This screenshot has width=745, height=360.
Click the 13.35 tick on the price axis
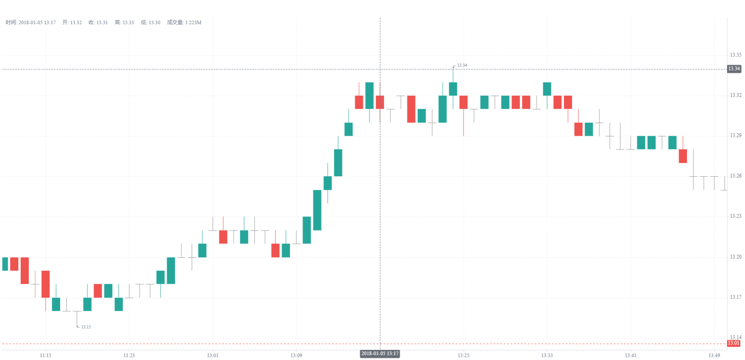click(x=735, y=55)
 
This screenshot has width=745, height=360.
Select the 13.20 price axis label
click(x=735, y=257)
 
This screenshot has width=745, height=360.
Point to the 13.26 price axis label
click(x=735, y=176)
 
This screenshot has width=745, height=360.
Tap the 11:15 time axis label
click(x=46, y=355)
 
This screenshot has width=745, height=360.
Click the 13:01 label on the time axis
click(x=213, y=355)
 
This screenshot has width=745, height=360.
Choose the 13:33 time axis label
click(x=547, y=355)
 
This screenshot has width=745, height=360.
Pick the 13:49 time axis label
click(x=714, y=355)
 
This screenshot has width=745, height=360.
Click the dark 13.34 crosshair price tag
click(x=734, y=69)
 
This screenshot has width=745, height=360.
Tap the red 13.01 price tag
click(x=734, y=343)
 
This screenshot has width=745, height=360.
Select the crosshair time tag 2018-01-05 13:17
click(x=380, y=354)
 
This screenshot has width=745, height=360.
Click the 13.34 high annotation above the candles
click(x=462, y=65)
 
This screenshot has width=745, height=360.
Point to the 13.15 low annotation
click(x=86, y=327)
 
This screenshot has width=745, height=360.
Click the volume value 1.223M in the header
click(x=193, y=23)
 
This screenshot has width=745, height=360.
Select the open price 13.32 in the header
click(x=76, y=23)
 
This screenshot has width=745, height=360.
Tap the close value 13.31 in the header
click(x=102, y=23)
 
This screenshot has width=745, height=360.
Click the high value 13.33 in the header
click(x=128, y=23)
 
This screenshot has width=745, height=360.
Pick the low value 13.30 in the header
click(x=154, y=23)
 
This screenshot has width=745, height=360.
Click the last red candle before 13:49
click(x=683, y=156)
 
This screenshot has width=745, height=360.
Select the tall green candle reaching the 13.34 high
click(x=453, y=89)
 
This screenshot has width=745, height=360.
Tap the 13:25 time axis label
click(x=463, y=355)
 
